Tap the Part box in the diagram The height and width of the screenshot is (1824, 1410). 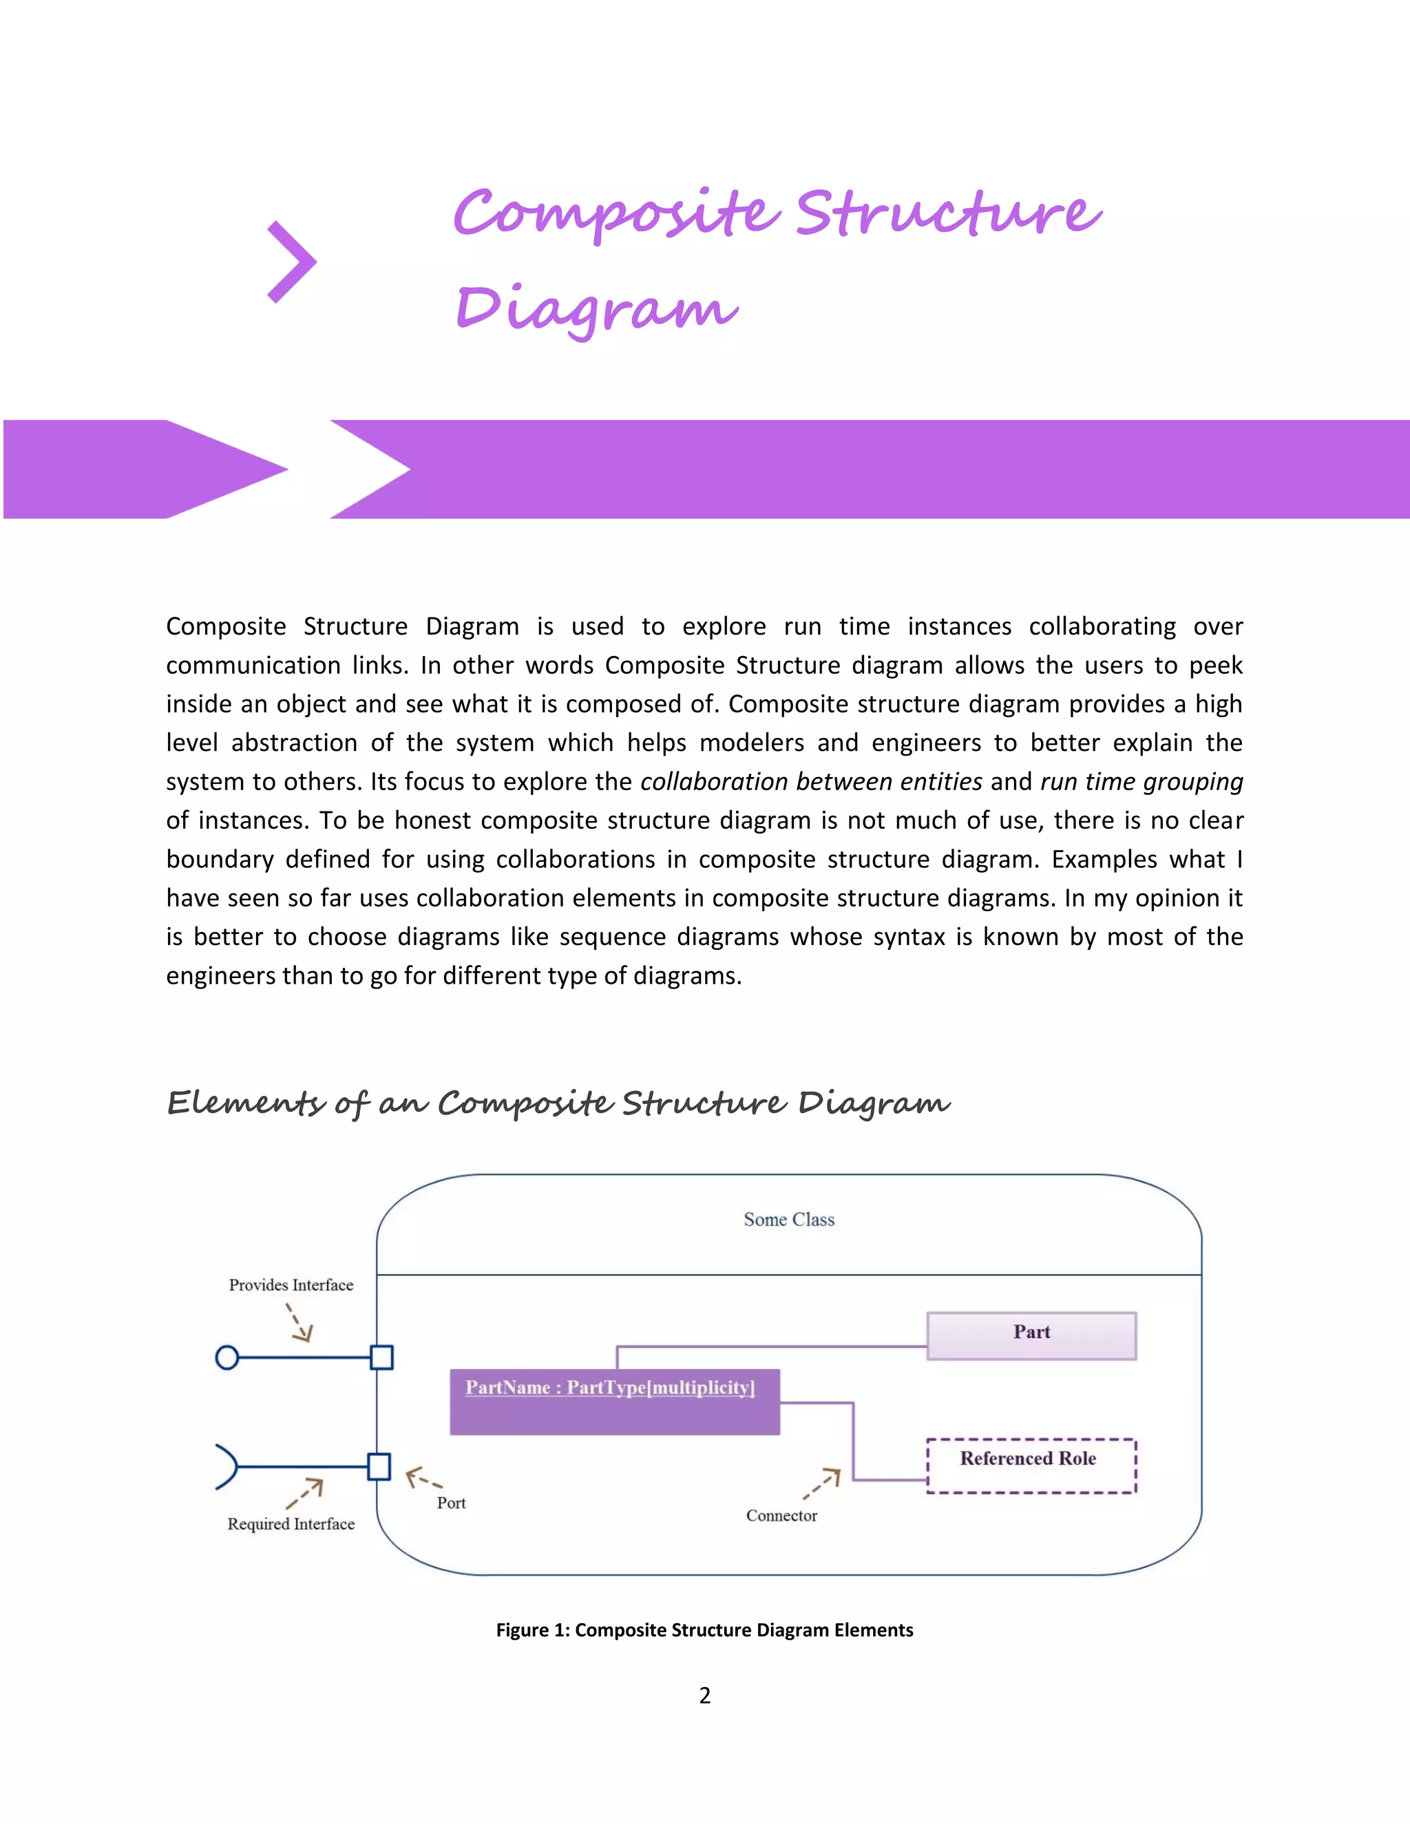[1031, 1335]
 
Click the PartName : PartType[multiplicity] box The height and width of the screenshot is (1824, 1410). [614, 1401]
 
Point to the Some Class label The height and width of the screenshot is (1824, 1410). [788, 1220]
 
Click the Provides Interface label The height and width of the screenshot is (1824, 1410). [291, 1284]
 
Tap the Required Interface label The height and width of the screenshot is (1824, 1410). [291, 1523]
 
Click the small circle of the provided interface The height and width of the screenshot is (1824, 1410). [227, 1357]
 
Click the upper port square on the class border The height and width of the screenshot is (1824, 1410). [381, 1357]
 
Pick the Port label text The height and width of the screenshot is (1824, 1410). [451, 1503]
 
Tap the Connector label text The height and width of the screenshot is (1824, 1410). [781, 1515]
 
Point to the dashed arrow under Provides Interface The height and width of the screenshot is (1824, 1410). [299, 1323]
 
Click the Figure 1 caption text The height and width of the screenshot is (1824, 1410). [704, 1629]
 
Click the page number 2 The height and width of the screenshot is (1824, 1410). [705, 1695]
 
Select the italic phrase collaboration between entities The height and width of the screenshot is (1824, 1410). [810, 781]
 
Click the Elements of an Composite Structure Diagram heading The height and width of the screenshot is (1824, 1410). [558, 1103]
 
